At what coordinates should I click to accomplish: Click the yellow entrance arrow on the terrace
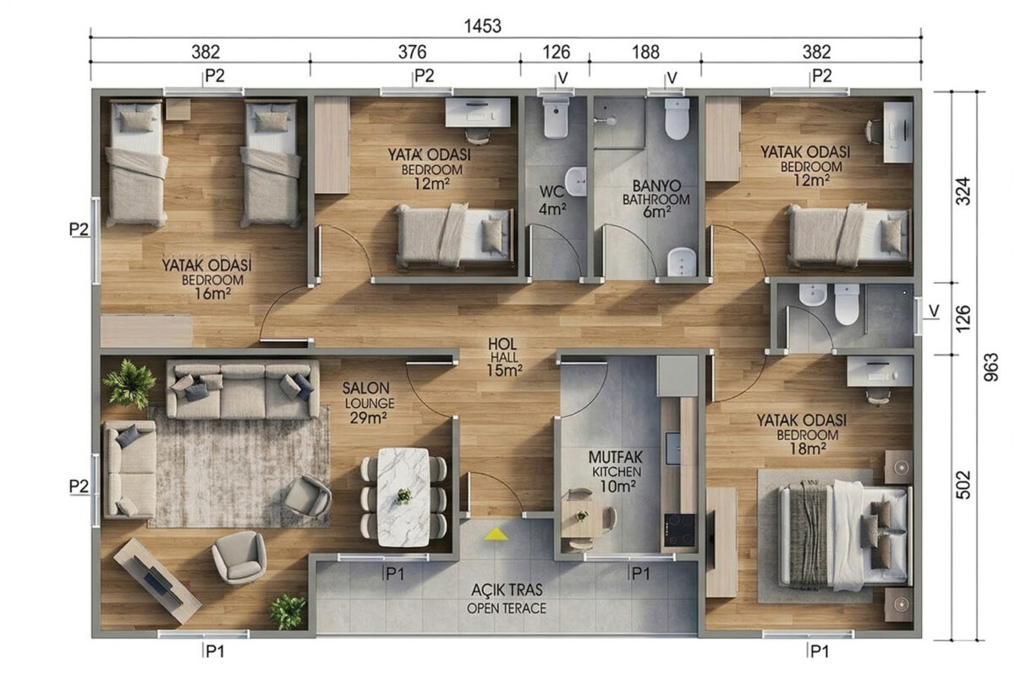pyautogui.click(x=497, y=534)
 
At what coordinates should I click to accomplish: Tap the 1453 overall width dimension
pyautogui.click(x=483, y=26)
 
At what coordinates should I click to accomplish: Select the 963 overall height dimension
pyautogui.click(x=991, y=367)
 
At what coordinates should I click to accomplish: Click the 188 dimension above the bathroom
pyautogui.click(x=645, y=52)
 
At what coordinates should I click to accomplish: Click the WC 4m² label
pyautogui.click(x=552, y=200)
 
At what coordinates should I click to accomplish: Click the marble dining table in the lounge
pyautogui.click(x=403, y=498)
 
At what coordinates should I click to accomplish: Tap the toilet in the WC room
pyautogui.click(x=556, y=118)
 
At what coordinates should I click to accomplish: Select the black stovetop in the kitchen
pyautogui.click(x=680, y=531)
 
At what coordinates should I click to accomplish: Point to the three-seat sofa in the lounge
pyautogui.click(x=243, y=389)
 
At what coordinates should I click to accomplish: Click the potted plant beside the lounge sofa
pyautogui.click(x=130, y=383)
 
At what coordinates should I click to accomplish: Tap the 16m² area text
pyautogui.click(x=213, y=294)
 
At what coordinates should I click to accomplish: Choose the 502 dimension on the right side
pyautogui.click(x=963, y=485)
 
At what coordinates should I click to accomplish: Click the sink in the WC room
pyautogui.click(x=576, y=181)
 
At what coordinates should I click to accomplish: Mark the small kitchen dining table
pyautogui.click(x=582, y=518)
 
